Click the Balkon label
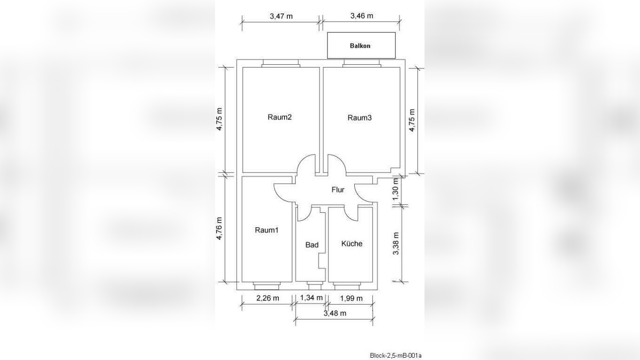pyautogui.click(x=360, y=46)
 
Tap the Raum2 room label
pyautogui.click(x=279, y=117)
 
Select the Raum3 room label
pyautogui.click(x=359, y=118)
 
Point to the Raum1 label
pyautogui.click(x=266, y=230)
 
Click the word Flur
pyautogui.click(x=338, y=189)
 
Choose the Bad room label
pyautogui.click(x=312, y=245)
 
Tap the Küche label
pyautogui.click(x=352, y=244)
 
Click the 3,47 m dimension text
pyautogui.click(x=281, y=16)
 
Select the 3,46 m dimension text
pyautogui.click(x=362, y=16)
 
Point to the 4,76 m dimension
pyautogui.click(x=219, y=228)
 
